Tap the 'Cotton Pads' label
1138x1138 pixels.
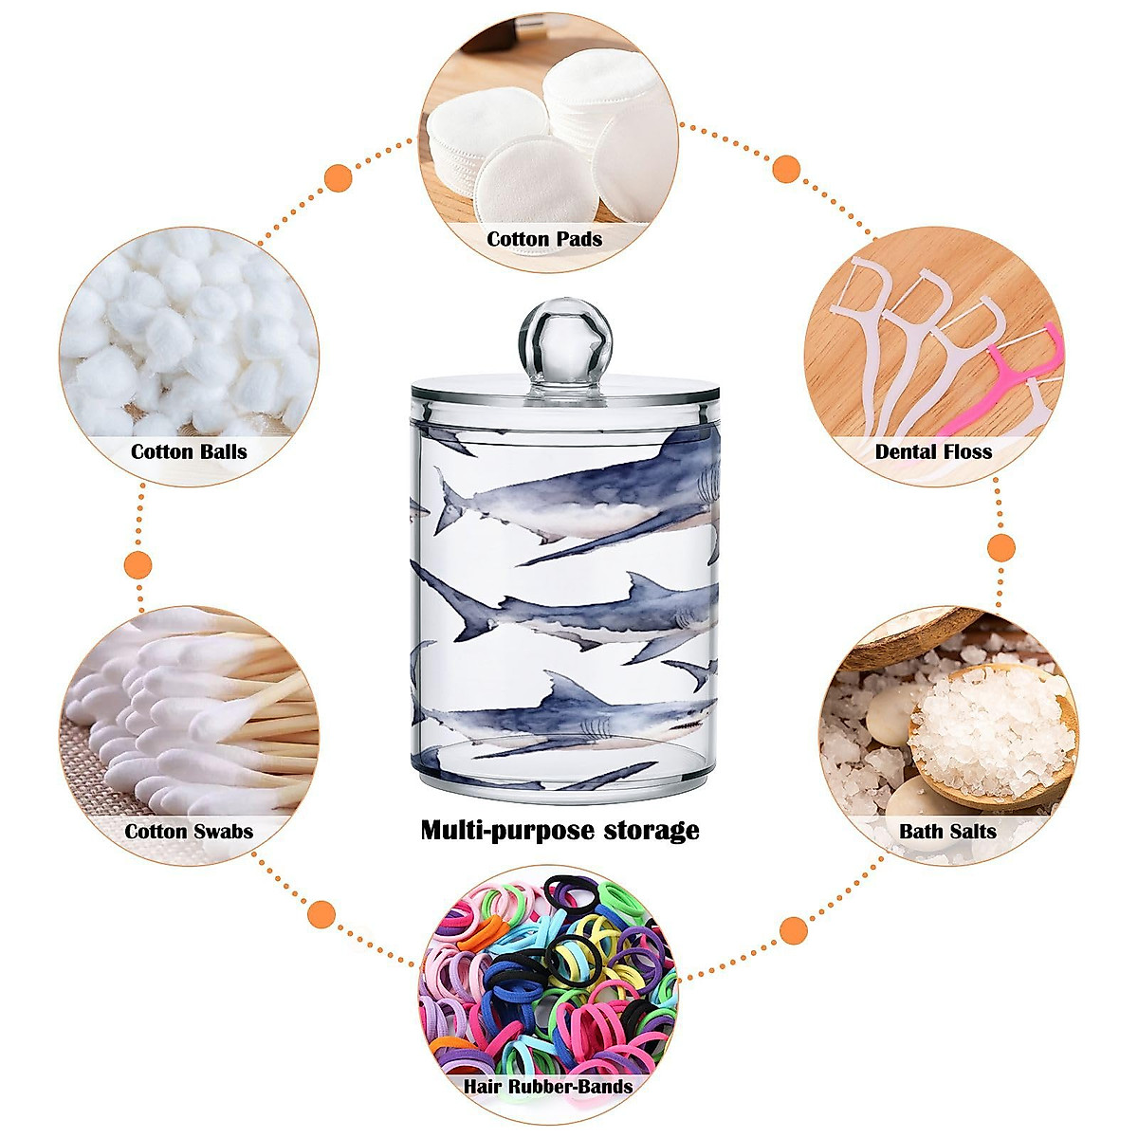tap(544, 239)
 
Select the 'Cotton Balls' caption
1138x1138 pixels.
tap(189, 451)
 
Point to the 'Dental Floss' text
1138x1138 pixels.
tap(933, 451)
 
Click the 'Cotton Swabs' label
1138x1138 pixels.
tap(189, 832)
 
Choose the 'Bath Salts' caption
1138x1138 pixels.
tap(947, 832)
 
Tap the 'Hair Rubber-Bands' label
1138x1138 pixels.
tap(547, 1086)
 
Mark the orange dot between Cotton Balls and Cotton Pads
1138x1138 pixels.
tap(338, 177)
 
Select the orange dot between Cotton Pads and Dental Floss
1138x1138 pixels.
tap(786, 170)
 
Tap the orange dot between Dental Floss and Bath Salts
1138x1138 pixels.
tap(1001, 547)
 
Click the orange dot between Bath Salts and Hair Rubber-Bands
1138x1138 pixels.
tap(793, 930)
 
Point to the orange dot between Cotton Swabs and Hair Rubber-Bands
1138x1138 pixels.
tap(322, 915)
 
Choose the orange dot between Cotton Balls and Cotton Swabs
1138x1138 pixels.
tap(139, 564)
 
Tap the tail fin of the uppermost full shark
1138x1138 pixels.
tap(446, 501)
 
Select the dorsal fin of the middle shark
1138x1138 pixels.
tap(638, 588)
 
